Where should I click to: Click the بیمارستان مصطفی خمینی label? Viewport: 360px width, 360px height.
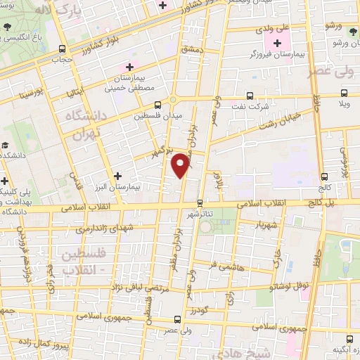(x=129, y=82)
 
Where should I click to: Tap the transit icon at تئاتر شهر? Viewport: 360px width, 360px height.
(x=200, y=203)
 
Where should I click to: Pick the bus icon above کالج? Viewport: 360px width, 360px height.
(x=323, y=177)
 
